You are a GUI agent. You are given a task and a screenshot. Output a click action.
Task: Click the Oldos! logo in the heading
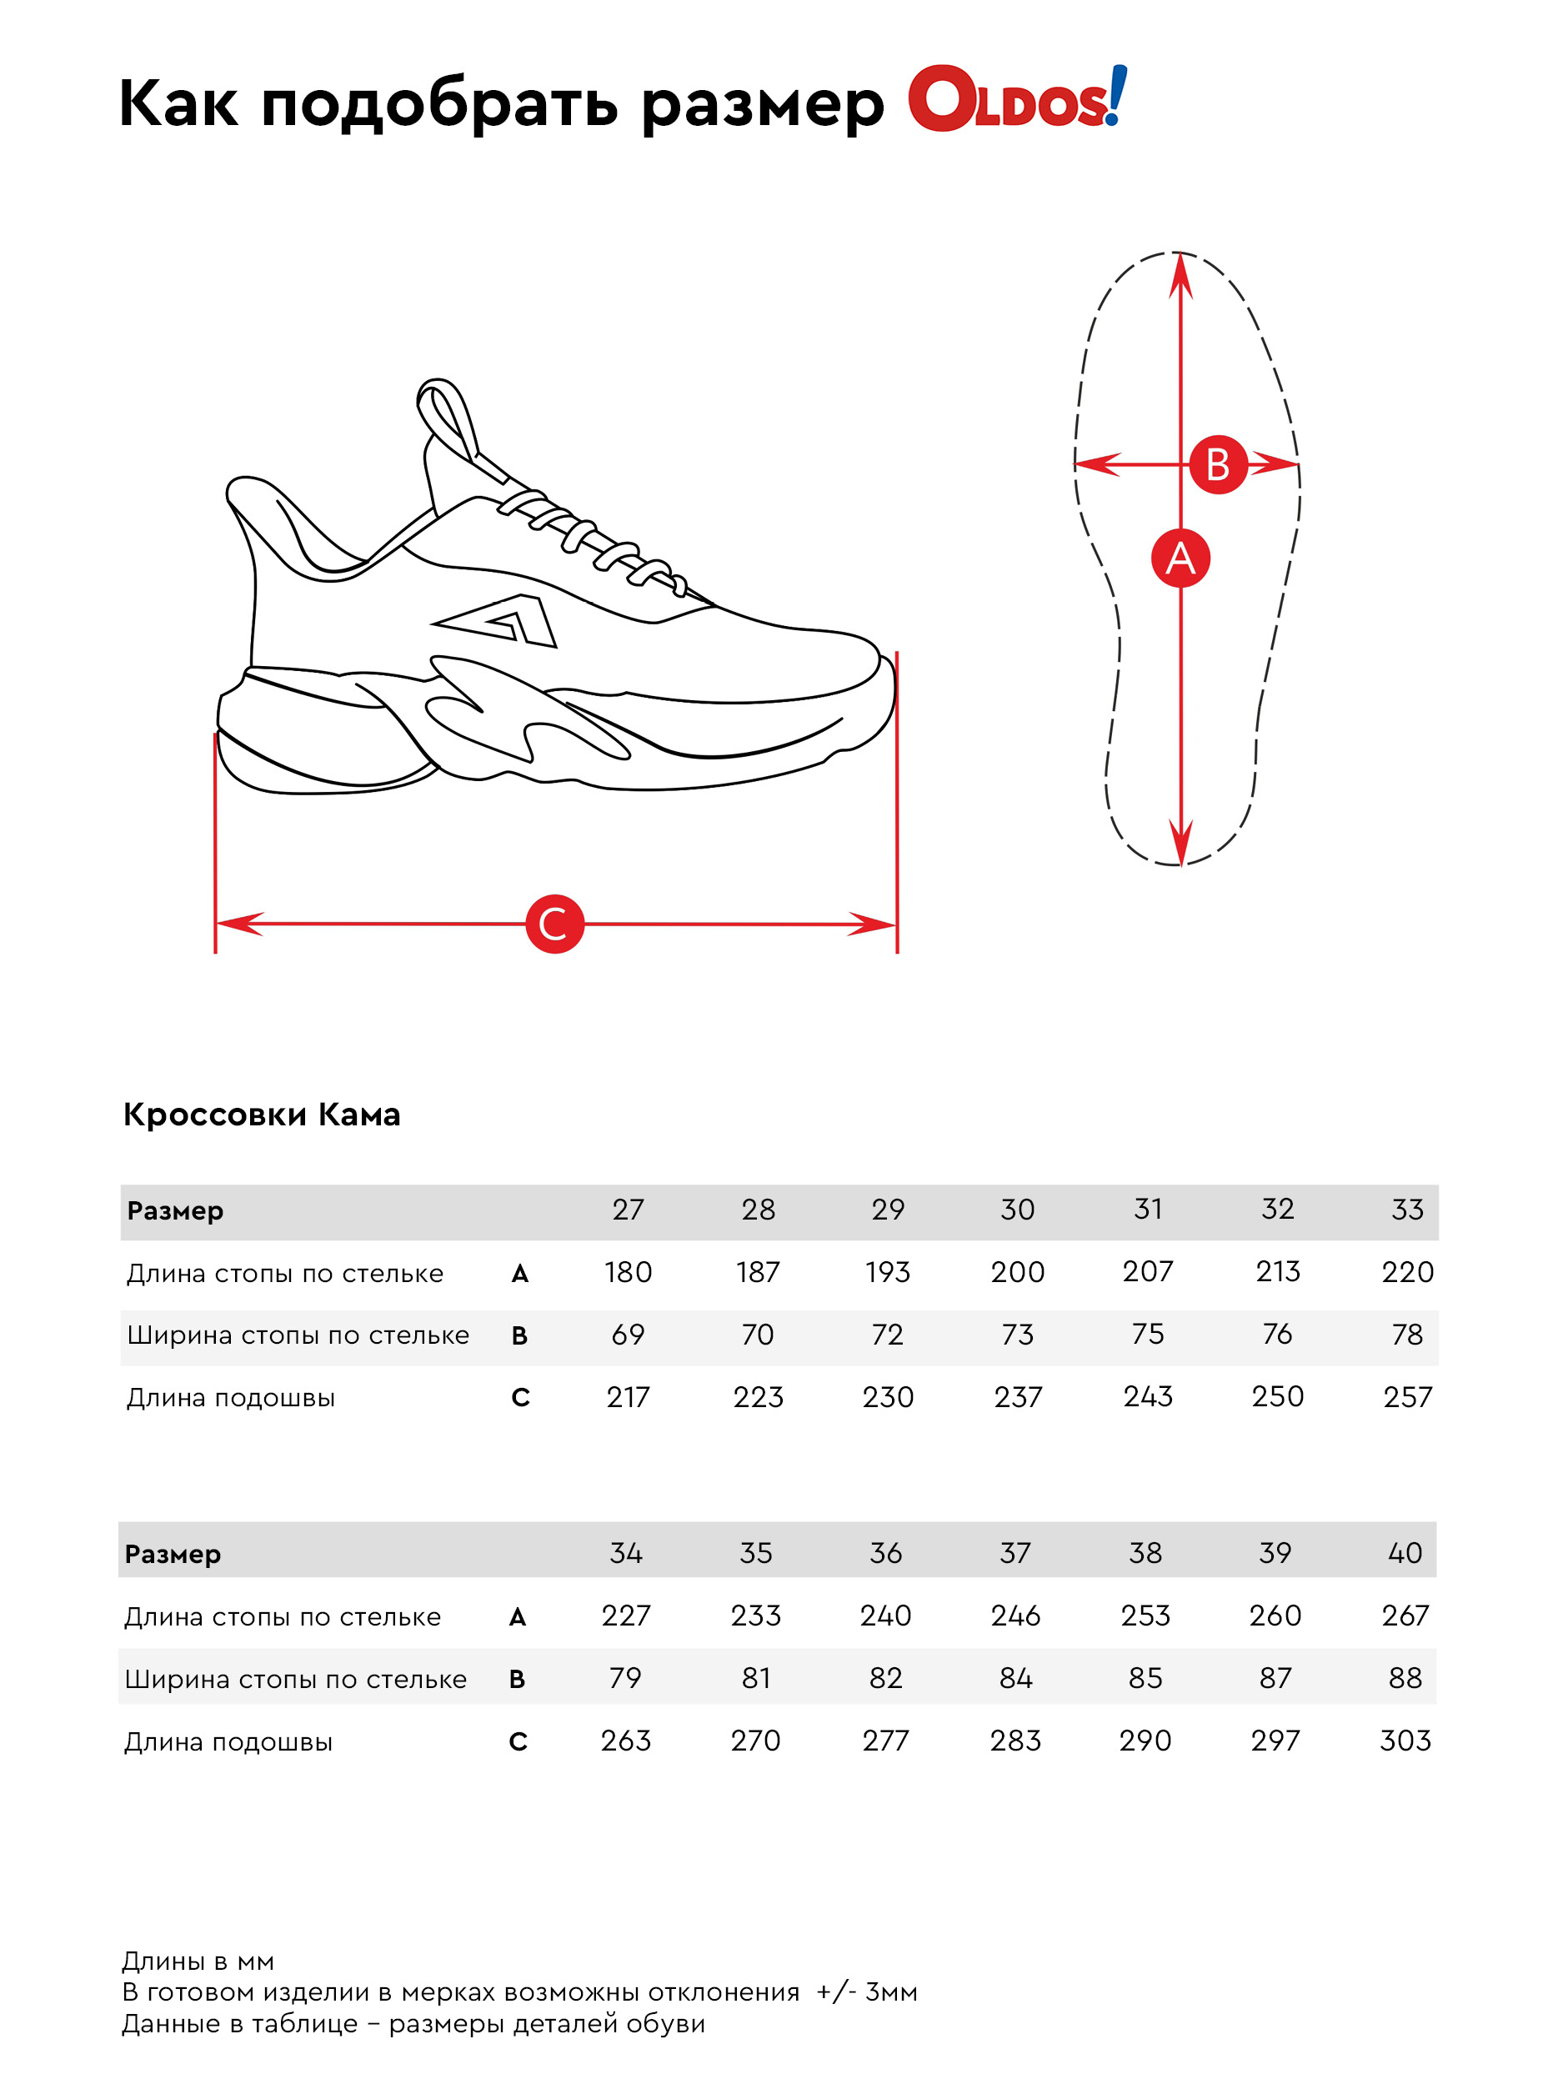[1015, 100]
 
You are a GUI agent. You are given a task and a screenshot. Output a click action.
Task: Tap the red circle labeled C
[554, 924]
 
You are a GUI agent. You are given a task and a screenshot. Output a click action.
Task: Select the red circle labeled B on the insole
[1217, 464]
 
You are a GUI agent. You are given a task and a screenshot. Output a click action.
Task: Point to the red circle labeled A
[1180, 558]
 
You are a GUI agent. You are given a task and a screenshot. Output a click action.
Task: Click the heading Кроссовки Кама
[261, 1115]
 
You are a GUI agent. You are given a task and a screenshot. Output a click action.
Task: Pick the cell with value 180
[628, 1272]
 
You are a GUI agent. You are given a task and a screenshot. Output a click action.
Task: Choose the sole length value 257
[1406, 1396]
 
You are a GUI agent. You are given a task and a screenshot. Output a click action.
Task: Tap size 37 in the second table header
[1014, 1553]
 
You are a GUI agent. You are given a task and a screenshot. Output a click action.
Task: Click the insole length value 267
[1405, 1615]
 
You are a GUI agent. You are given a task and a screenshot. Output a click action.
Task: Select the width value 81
[755, 1678]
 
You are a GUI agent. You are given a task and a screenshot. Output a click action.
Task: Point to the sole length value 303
[1405, 1740]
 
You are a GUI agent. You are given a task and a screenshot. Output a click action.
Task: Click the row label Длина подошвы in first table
[231, 1397]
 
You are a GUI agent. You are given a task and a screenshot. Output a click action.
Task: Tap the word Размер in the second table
[173, 1554]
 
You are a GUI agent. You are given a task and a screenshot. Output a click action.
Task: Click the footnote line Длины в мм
[198, 1961]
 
